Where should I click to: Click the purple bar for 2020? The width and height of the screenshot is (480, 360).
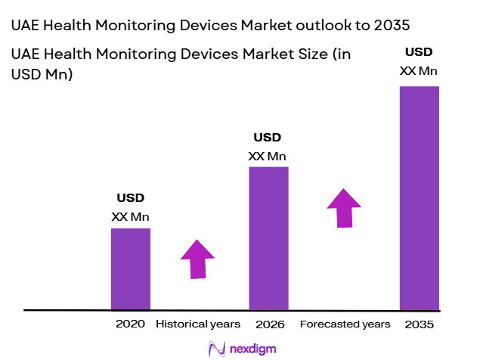click(130, 268)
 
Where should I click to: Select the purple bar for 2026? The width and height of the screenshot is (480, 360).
click(268, 238)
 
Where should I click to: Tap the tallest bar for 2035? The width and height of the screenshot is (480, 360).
click(419, 198)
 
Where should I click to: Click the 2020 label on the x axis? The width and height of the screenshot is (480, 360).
click(130, 324)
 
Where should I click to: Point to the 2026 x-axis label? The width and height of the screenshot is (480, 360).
click(270, 324)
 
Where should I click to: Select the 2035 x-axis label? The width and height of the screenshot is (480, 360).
click(420, 324)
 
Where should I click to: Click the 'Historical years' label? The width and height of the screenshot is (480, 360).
click(198, 324)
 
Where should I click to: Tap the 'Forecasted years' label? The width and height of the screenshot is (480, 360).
click(345, 324)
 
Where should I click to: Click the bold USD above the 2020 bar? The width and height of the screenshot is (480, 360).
click(130, 199)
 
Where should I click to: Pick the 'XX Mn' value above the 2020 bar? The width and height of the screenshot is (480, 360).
click(130, 217)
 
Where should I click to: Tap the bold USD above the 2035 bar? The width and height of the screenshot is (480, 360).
click(419, 52)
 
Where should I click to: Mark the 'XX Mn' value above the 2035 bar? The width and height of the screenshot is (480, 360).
click(419, 71)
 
